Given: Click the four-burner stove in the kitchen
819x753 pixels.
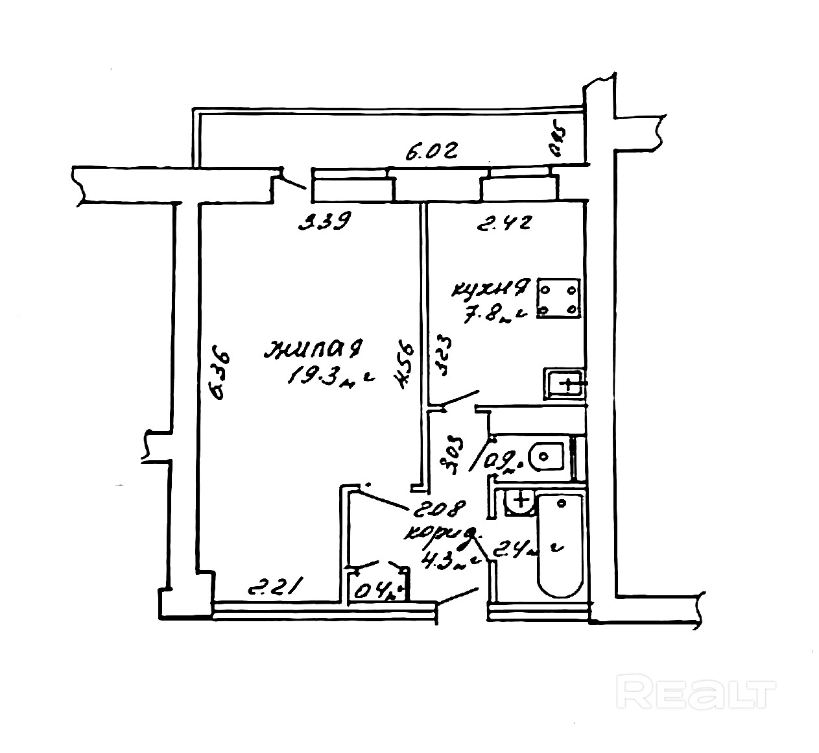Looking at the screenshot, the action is click(x=558, y=299).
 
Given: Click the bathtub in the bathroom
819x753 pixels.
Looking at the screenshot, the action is click(x=561, y=546).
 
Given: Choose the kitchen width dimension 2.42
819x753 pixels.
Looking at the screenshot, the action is click(x=504, y=225).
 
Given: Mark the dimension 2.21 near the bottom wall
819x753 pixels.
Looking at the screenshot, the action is click(x=273, y=589).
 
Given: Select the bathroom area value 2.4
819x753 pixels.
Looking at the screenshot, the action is click(x=519, y=552).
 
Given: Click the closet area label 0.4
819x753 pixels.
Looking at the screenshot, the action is click(x=376, y=590).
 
